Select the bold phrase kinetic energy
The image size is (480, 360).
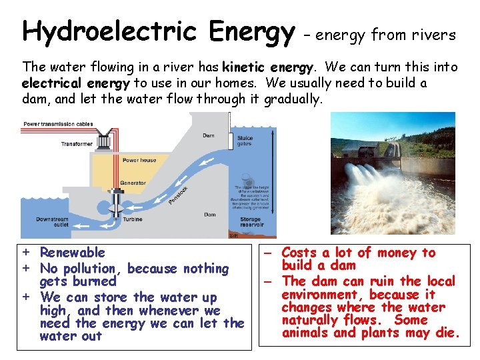pyautogui.click(x=267, y=67)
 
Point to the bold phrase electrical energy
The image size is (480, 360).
pyautogui.click(x=76, y=83)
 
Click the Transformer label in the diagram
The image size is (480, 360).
pyautogui.click(x=77, y=143)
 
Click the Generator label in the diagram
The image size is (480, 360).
pyautogui.click(x=133, y=183)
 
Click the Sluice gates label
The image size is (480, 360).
pyautogui.click(x=245, y=141)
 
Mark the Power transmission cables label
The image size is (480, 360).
pyautogui.click(x=58, y=124)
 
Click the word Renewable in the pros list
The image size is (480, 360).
pyautogui.click(x=72, y=253)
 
